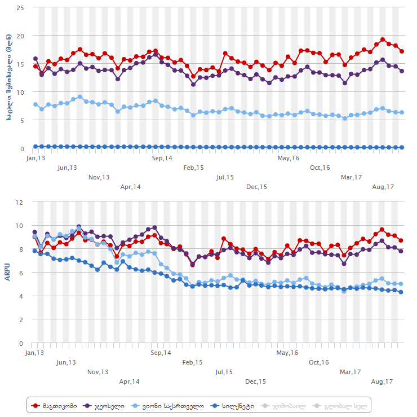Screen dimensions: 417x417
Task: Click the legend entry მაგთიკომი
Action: [x=56, y=405]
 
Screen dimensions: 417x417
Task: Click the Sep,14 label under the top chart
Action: [x=162, y=159]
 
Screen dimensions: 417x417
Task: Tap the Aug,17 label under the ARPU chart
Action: [x=381, y=381]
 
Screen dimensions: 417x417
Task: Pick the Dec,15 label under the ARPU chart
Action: [x=255, y=381]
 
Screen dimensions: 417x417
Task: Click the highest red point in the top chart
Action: [x=383, y=39]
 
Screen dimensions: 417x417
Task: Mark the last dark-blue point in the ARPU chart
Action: [x=401, y=292]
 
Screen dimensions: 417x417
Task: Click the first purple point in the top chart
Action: [x=36, y=59]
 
